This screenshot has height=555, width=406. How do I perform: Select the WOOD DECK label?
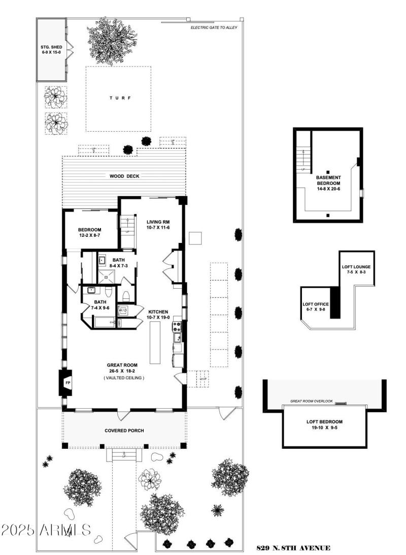[124, 176]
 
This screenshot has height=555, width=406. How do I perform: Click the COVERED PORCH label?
[124, 430]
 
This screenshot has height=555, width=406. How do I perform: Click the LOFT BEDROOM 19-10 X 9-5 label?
[324, 424]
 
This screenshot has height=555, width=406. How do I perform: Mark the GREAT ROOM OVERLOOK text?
[311, 401]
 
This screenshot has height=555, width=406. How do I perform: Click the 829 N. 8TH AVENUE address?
[293, 548]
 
